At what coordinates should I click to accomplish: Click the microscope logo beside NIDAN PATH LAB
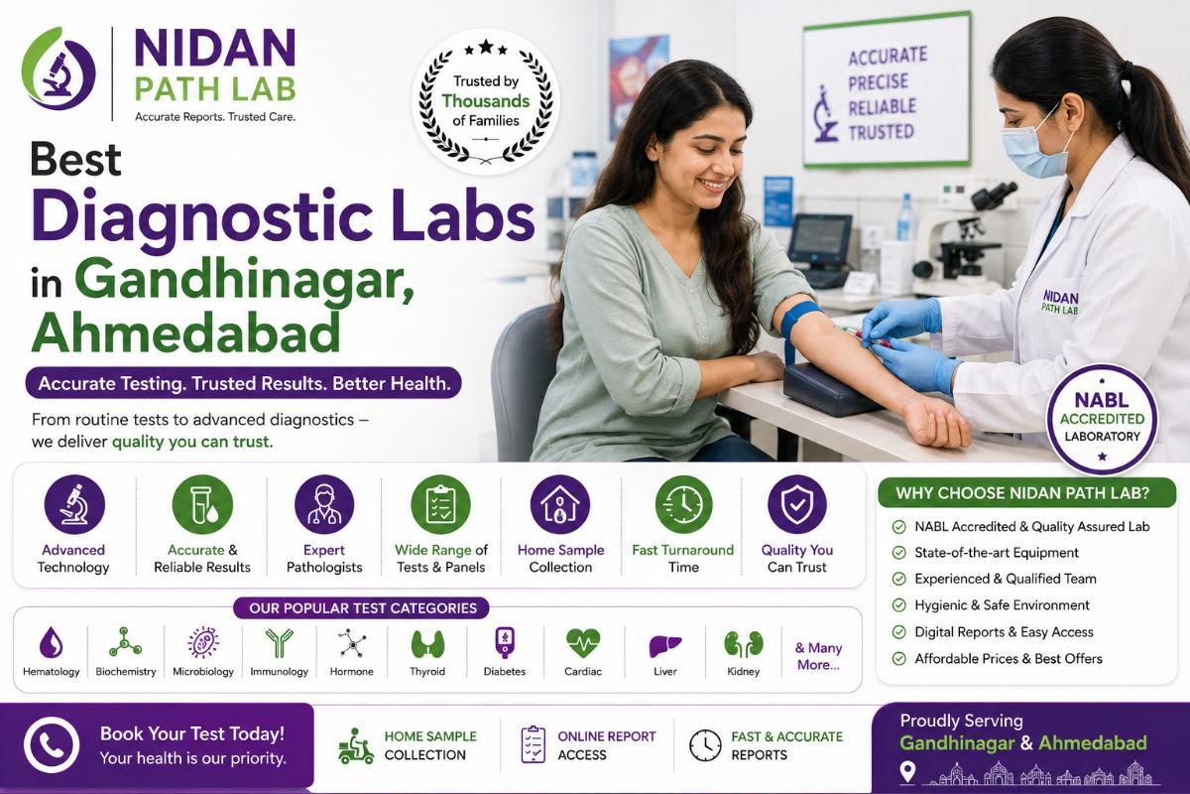[59, 69]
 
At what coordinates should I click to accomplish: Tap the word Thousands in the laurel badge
[486, 101]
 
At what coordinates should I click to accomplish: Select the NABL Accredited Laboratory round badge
[1102, 419]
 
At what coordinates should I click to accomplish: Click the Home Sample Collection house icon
[560, 505]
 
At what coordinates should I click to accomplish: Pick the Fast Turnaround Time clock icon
[683, 505]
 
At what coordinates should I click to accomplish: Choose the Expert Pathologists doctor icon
[324, 505]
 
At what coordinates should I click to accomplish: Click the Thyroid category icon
[427, 643]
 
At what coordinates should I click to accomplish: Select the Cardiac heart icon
[583, 643]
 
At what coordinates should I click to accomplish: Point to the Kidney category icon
[743, 644]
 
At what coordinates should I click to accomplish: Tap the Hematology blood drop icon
[52, 642]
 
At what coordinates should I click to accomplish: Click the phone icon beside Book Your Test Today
[52, 744]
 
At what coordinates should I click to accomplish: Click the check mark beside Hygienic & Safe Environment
[898, 605]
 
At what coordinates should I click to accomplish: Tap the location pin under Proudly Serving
[908, 772]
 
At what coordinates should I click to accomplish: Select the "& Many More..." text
[818, 656]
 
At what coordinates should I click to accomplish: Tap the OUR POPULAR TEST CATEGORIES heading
[363, 607]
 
